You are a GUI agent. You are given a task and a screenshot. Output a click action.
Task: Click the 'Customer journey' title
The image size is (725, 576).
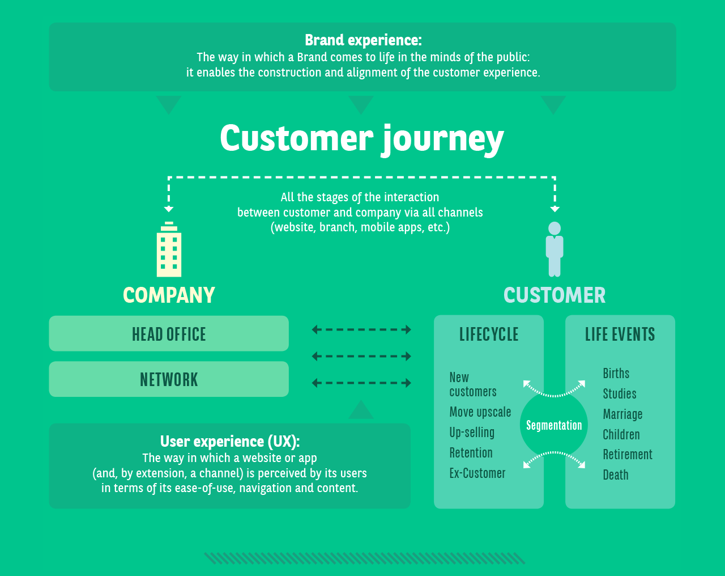coord(361,138)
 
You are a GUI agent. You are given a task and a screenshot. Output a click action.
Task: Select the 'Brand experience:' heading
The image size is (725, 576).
coord(362,40)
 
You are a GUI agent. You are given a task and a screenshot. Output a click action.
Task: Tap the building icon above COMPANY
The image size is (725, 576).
coord(169,249)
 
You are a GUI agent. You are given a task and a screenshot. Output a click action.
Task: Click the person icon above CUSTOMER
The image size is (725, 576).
coord(555,249)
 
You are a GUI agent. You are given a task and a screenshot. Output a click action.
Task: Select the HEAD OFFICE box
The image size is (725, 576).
coord(169,334)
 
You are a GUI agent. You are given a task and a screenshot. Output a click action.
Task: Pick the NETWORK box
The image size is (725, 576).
coord(169,379)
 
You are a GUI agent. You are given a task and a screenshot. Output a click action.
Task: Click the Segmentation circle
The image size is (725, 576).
coord(554,425)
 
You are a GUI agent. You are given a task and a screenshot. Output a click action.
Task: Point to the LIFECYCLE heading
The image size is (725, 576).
coord(489,334)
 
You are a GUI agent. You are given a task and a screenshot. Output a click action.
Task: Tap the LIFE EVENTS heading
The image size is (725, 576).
coord(620,334)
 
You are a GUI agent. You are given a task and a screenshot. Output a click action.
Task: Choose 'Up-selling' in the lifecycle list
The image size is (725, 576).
coord(472,433)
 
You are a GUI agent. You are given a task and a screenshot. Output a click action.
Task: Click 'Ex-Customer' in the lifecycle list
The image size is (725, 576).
coord(477,473)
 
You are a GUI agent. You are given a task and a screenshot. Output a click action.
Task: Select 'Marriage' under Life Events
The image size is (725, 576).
coord(622,414)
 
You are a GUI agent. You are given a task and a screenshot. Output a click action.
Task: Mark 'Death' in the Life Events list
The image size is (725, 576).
coord(616,475)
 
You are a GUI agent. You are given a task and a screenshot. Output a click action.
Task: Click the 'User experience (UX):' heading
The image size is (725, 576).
coord(229,441)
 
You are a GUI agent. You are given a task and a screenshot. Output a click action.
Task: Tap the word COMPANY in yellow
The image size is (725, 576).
coord(169,295)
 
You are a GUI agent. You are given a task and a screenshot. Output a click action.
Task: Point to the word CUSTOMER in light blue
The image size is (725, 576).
coord(555,295)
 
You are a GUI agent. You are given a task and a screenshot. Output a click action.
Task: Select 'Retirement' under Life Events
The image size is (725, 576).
coord(628,455)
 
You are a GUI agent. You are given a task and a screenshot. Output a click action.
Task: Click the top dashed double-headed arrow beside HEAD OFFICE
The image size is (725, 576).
coord(361,329)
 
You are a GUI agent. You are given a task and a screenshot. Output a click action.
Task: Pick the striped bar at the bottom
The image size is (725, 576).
coord(364,558)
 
